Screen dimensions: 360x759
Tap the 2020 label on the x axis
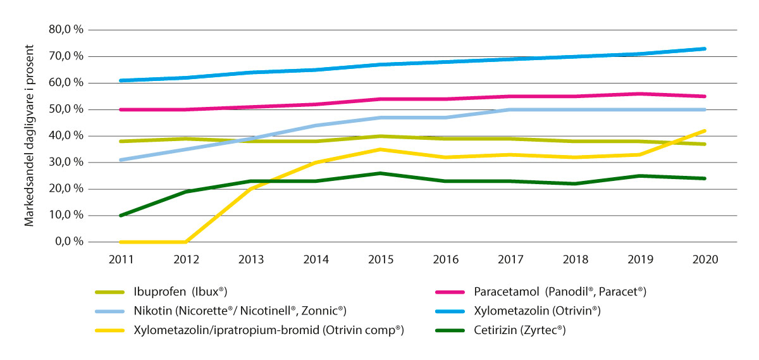(705, 259)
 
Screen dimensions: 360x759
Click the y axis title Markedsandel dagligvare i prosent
(29, 135)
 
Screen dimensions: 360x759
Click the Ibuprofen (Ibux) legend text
(180, 292)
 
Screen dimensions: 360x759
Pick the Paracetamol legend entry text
(560, 292)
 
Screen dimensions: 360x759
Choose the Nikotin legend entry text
(240, 311)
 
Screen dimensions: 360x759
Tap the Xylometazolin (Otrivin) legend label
(537, 311)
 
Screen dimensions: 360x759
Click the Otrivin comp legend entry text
(269, 330)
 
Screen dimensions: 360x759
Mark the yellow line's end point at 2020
(705, 131)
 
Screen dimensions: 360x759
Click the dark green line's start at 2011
(120, 215)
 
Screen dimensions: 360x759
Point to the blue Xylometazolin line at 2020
(705, 49)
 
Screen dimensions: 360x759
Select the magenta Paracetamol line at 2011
(120, 109)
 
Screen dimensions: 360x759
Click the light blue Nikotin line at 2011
(120, 159)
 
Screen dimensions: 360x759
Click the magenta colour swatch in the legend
(450, 292)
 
